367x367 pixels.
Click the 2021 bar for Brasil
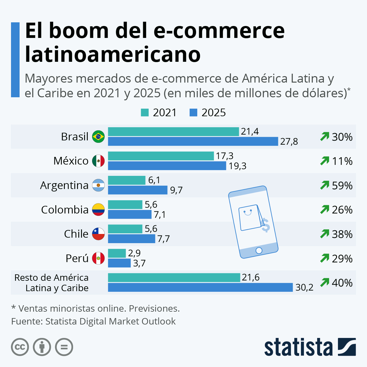(x=173, y=132)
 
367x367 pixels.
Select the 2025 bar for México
(x=167, y=166)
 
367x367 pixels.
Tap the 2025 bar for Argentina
(x=138, y=190)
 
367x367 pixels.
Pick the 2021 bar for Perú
(x=117, y=253)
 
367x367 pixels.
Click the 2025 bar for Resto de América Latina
(x=200, y=287)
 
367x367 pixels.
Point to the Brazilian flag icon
(x=98, y=136)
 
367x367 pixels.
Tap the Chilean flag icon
(x=98, y=234)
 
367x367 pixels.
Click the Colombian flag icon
(x=98, y=209)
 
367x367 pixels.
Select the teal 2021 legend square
(x=145, y=113)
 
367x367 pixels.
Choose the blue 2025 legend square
(x=193, y=113)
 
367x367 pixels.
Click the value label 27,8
(x=289, y=142)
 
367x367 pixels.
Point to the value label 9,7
(x=176, y=190)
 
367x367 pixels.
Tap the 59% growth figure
(x=342, y=186)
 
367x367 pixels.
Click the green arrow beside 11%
(x=324, y=161)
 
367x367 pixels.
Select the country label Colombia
(x=65, y=210)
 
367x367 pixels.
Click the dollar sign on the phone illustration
(x=265, y=225)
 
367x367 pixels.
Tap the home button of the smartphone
(x=259, y=251)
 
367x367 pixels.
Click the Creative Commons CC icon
(x=20, y=347)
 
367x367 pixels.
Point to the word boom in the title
(x=79, y=31)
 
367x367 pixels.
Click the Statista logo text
(x=298, y=347)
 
